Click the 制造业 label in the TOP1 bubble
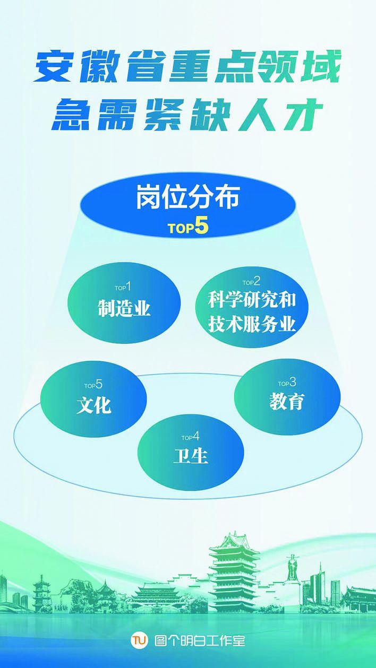coord(124,308)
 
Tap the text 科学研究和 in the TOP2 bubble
coord(252,300)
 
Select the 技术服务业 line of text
coord(252,324)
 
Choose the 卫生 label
coord(191,455)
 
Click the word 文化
coord(93,405)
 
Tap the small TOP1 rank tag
coord(123,287)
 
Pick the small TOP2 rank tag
coord(251,282)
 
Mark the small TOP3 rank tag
coord(287,383)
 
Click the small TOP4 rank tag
coord(190,437)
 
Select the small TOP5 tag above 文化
coord(93,385)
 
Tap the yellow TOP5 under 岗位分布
coord(188,228)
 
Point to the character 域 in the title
coord(321,66)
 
